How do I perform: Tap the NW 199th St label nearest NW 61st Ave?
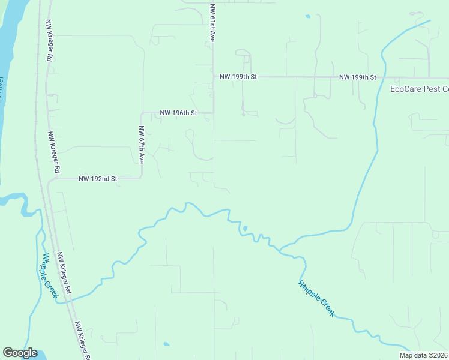point(238,77)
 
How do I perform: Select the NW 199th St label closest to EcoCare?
point(357,77)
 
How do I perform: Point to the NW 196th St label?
point(178,113)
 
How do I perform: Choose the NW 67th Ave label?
point(142,145)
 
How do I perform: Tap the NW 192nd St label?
point(97,179)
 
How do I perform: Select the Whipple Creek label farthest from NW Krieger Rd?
point(316,298)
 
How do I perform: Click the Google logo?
point(20,353)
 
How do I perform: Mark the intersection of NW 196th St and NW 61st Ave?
point(214,112)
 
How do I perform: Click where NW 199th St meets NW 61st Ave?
point(214,77)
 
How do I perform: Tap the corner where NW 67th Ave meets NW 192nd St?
point(142,178)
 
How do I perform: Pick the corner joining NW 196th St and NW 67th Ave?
point(142,113)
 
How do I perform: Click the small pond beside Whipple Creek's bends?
point(244,228)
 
